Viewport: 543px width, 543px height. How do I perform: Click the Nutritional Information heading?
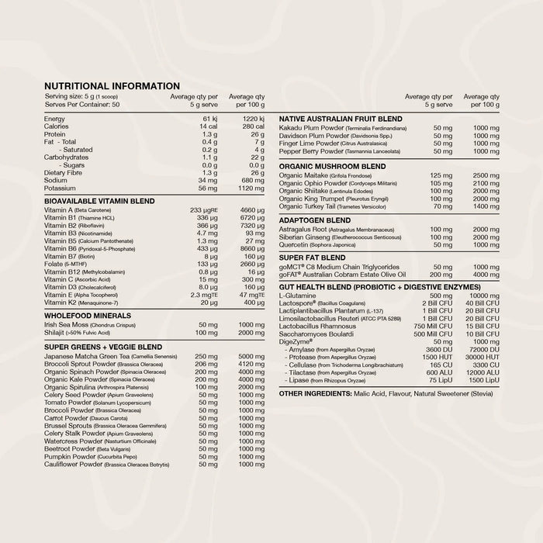(x=112, y=86)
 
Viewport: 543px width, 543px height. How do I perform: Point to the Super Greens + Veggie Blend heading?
(x=102, y=346)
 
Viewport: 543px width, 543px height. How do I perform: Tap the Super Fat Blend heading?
(x=312, y=257)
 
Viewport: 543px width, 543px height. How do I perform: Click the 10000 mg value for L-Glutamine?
(x=484, y=296)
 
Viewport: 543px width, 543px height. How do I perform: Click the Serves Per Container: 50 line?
(x=82, y=103)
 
